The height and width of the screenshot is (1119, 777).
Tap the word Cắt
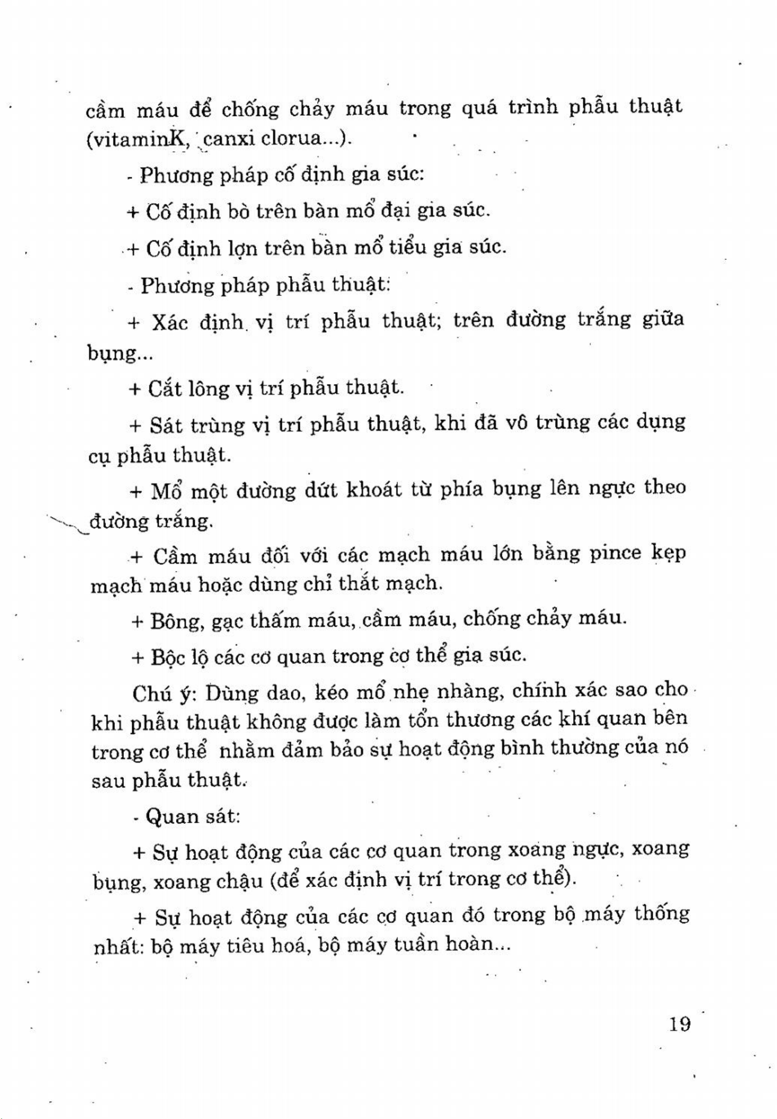(166, 389)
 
